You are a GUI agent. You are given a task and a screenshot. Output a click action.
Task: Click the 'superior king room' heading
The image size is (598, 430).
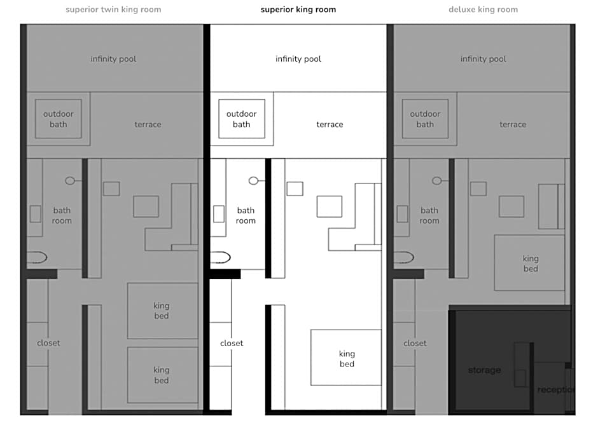point(298,10)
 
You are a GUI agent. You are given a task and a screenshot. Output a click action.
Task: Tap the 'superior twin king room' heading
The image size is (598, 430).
point(113,10)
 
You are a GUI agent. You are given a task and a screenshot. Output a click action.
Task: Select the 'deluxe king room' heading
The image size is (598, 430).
point(483,10)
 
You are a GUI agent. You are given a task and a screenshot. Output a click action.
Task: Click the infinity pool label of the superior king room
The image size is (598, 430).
point(298,59)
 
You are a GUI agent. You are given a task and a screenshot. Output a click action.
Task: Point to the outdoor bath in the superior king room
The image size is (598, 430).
point(241,119)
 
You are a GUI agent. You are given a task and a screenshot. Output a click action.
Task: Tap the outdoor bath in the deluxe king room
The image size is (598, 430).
point(425,119)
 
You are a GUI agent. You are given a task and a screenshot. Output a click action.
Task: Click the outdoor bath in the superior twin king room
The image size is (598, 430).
point(58,119)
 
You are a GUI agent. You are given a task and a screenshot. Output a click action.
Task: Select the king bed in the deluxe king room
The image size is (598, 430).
point(529,263)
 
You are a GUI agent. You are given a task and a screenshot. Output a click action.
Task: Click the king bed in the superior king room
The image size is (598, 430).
point(346,358)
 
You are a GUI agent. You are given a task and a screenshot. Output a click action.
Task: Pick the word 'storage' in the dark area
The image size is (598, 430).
point(484,370)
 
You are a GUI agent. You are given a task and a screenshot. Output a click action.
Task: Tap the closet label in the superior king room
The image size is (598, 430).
point(232,343)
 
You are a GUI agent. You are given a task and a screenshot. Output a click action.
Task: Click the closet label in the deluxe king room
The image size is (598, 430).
point(415,343)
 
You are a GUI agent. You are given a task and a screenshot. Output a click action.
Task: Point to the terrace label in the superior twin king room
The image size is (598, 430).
point(148,124)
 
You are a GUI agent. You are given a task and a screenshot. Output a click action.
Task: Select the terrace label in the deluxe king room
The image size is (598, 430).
point(513,124)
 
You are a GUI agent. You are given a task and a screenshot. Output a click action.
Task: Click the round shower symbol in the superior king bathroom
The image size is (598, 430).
point(254,181)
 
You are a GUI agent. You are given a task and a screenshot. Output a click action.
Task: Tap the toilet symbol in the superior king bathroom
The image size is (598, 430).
point(220,257)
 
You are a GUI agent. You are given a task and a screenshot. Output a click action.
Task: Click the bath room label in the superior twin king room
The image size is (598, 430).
point(62,215)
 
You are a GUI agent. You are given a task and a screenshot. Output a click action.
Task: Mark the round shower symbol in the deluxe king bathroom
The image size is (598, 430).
point(437,181)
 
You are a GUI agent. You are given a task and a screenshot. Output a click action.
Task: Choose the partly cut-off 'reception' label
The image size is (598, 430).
point(556,389)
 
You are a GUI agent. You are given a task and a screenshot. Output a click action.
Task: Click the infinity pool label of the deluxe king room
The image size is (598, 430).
point(483,59)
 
